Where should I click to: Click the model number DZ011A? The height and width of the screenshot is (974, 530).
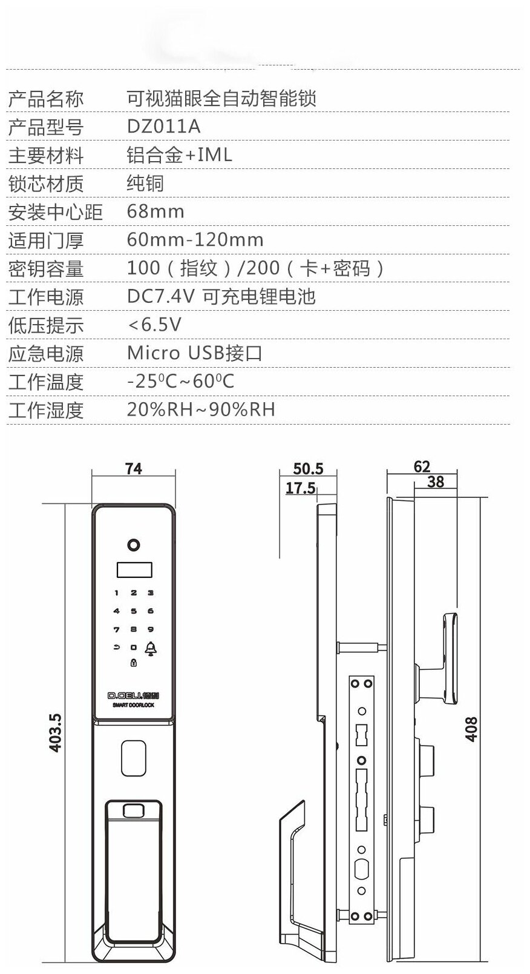click(163, 127)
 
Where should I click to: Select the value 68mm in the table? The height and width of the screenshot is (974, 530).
click(155, 211)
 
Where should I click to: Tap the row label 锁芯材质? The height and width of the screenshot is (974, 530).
click(45, 184)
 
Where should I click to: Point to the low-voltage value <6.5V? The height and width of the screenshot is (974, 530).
click(154, 325)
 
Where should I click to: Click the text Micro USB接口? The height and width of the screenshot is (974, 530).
click(194, 353)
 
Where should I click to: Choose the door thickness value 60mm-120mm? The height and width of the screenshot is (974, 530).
click(195, 240)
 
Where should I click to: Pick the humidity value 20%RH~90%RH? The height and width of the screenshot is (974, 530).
click(201, 409)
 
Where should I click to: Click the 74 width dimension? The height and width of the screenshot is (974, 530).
click(133, 469)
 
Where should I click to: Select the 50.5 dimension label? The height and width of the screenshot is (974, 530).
click(308, 469)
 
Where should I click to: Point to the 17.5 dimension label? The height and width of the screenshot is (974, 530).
click(300, 488)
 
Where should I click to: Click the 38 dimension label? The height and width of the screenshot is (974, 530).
click(435, 482)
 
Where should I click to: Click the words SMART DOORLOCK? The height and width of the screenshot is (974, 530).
click(133, 706)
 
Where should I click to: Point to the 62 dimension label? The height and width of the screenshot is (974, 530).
click(422, 466)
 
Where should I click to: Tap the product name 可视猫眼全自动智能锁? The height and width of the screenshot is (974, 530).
click(221, 98)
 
